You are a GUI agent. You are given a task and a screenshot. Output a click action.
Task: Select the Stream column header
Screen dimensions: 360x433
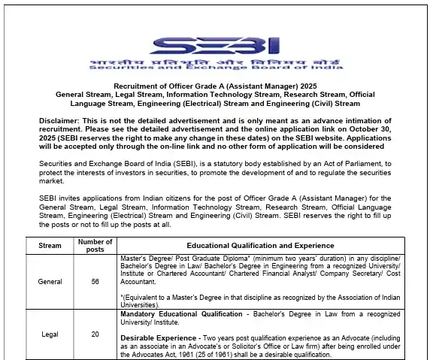click(x=50, y=246)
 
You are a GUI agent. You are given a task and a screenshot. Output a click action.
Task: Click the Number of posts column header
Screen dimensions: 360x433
click(x=95, y=246)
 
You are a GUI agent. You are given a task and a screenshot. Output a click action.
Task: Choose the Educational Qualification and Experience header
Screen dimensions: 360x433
click(x=261, y=246)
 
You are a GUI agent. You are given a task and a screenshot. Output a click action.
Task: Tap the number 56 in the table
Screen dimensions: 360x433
click(x=95, y=281)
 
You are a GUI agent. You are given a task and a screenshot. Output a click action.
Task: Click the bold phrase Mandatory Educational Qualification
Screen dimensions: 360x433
click(x=181, y=313)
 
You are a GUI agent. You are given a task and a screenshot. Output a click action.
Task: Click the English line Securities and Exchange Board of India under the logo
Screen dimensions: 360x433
click(x=216, y=68)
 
